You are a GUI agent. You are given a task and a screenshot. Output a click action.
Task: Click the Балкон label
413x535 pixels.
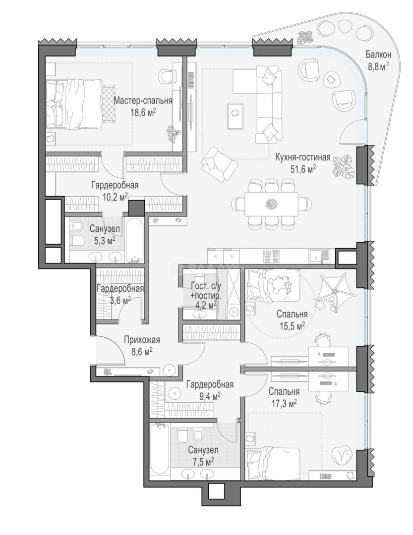pyautogui.click(x=378, y=54)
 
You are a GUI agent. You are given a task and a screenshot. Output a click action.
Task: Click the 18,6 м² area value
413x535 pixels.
pyautogui.click(x=143, y=112)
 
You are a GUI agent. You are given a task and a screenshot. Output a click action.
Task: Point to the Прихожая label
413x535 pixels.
pyautogui.click(x=142, y=340)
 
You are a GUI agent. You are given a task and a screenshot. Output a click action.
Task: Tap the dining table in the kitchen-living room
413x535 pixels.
pyautogui.click(x=271, y=204)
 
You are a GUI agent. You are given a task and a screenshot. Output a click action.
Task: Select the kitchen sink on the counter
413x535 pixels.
pyautogui.click(x=319, y=256)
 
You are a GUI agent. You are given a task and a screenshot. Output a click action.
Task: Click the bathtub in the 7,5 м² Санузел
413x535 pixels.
pyautogui.click(x=160, y=449)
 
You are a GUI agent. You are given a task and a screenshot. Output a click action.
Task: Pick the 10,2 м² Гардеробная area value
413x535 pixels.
pyautogui.click(x=115, y=197)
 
